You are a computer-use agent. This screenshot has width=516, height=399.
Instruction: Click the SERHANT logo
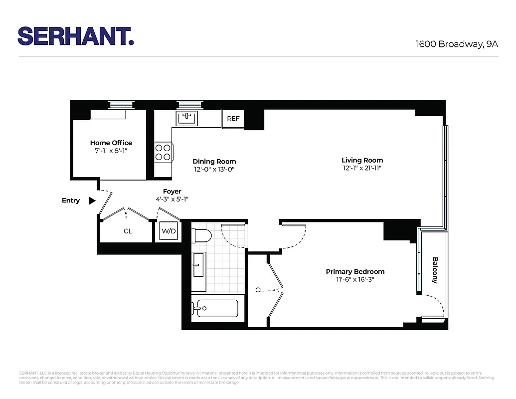tap(76, 36)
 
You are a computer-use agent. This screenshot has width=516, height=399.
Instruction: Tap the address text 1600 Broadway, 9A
tap(457, 44)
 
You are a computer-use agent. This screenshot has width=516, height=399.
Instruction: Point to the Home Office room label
tap(111, 143)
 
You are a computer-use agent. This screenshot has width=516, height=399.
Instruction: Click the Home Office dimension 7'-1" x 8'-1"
tap(111, 151)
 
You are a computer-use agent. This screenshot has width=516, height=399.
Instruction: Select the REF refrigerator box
tap(233, 119)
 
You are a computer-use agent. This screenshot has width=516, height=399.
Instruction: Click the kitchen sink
tap(187, 118)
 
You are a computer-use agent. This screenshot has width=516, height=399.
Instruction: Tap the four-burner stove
tap(163, 152)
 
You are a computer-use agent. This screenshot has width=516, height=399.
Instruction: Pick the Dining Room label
tap(214, 162)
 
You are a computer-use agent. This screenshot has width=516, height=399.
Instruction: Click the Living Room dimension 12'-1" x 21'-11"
tap(362, 168)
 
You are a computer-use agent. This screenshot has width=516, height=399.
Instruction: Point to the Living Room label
tap(362, 161)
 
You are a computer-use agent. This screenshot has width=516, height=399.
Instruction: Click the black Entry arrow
tap(92, 200)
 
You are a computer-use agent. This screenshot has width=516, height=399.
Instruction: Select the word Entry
tap(71, 200)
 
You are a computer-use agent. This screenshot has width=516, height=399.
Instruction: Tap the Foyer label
tap(172, 192)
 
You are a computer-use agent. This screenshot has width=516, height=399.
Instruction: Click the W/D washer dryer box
tap(169, 232)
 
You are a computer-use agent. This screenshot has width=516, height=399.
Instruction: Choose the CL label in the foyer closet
tap(128, 231)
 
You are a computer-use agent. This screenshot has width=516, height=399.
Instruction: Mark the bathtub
tap(216, 308)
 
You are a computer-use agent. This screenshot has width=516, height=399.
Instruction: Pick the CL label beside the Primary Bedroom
tap(259, 290)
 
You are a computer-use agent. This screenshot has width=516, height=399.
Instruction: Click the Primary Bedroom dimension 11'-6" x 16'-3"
tap(355, 279)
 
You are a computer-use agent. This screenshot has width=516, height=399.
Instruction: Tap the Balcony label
tap(435, 270)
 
